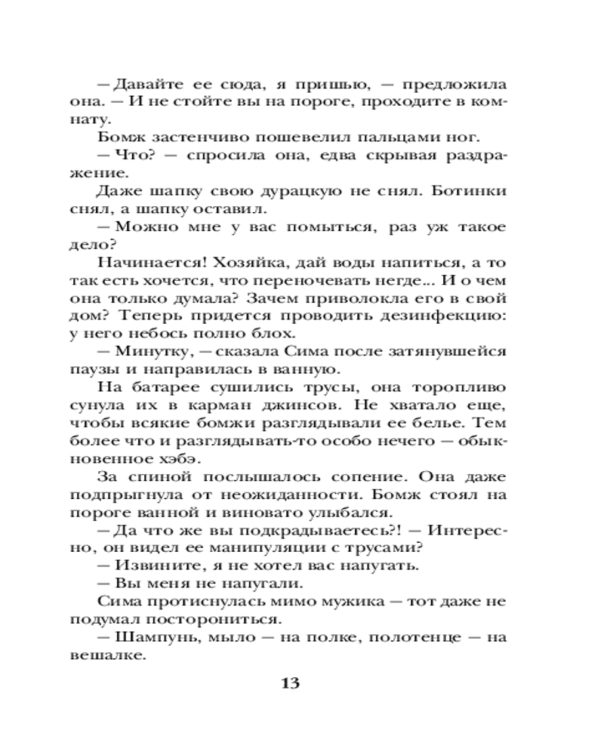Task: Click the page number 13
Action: tap(291, 684)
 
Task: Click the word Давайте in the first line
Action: tap(140, 84)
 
